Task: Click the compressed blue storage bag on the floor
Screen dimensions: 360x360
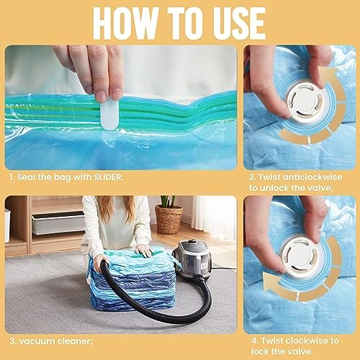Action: (x=122, y=284)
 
